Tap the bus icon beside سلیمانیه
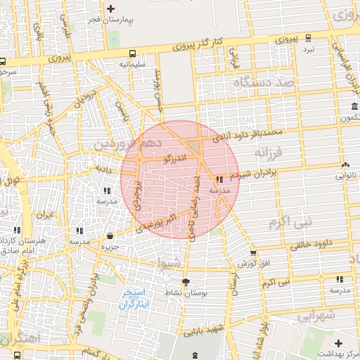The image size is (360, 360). pos(133,53)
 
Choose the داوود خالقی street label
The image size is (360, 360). pos(305,245)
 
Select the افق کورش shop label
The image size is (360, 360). pos(254,263)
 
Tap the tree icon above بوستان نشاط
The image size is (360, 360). pos(186,281)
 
